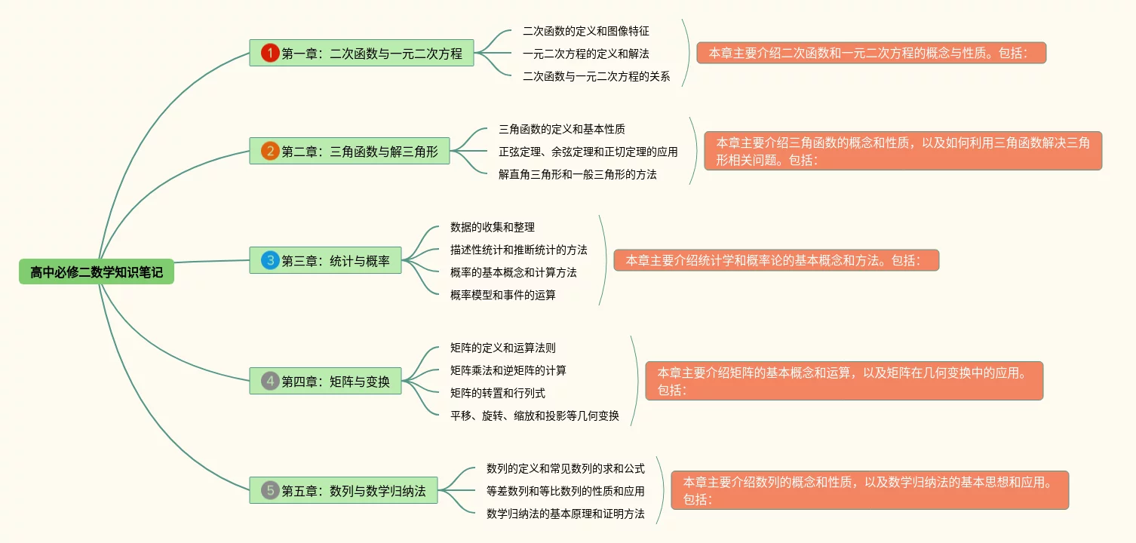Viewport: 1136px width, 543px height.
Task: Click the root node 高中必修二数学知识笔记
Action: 97,272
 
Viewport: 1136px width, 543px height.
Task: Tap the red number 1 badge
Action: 270,53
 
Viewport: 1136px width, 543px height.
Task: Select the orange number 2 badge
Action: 270,151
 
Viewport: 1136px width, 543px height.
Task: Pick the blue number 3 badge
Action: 270,260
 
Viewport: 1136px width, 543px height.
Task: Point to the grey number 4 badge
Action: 270,381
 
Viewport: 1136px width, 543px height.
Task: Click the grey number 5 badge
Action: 270,490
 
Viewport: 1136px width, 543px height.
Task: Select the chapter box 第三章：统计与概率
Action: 326,260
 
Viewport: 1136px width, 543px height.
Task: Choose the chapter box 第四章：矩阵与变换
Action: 326,381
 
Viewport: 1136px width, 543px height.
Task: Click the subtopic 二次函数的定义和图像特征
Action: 585,31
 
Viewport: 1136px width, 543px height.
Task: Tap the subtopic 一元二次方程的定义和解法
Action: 585,54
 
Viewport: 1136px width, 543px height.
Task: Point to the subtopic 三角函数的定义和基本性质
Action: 561,129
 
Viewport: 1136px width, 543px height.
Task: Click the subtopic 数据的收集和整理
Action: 492,227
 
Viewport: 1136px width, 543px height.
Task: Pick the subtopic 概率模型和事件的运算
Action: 502,295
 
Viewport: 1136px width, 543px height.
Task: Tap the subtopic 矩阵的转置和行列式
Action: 497,393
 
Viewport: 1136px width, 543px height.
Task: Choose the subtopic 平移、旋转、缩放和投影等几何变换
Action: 534,416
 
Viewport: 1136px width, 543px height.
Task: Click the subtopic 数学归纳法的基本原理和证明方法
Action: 565,514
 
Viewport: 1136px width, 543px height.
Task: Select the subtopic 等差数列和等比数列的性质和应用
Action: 565,491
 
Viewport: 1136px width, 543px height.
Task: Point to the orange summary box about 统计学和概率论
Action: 776,260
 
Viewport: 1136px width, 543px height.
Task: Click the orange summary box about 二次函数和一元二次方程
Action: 871,53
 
